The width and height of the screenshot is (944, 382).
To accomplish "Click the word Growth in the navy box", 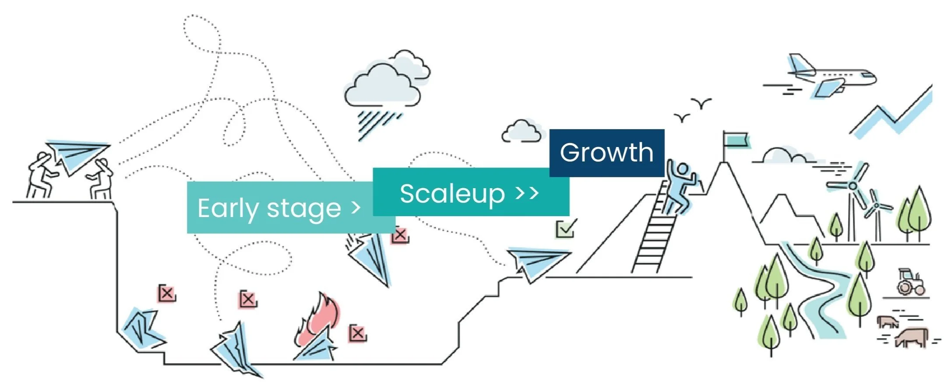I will pos(606,153).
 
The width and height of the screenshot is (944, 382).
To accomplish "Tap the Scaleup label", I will pos(452,194).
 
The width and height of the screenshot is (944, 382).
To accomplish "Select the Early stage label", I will pos(269,208).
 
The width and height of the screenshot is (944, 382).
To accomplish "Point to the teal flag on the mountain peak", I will pos(736,140).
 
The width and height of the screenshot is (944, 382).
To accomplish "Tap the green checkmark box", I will pos(565,228).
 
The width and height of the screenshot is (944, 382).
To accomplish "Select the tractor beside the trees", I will pos(911,282).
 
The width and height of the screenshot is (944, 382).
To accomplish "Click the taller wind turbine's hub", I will pos(852,186).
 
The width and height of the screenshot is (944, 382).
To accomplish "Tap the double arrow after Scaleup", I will pos(527,193).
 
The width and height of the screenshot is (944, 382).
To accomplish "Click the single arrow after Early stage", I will pos(356,208).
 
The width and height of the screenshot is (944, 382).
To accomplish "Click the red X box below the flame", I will pos(357,334).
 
